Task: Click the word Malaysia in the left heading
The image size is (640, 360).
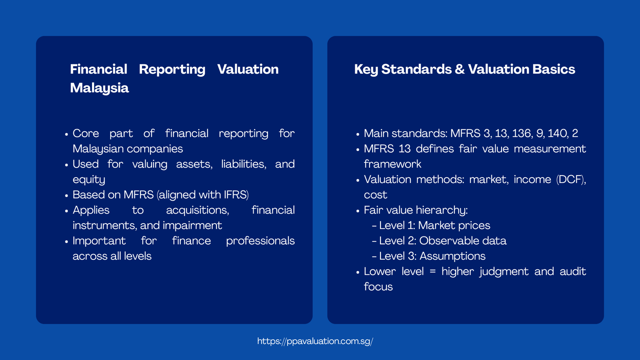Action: tap(99, 88)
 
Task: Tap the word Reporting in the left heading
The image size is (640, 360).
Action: tap(172, 70)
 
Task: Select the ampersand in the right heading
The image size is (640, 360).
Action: tap(460, 70)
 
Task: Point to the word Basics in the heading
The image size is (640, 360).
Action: tap(554, 70)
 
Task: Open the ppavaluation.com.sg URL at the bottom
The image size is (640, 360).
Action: tap(315, 341)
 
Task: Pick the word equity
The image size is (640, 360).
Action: tap(89, 180)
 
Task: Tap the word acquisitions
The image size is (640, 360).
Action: tap(197, 210)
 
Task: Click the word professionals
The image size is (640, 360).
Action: tap(260, 241)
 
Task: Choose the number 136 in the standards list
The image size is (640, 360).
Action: tap(522, 133)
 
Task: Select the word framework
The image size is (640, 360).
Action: tap(392, 164)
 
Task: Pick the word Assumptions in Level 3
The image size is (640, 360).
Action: tap(452, 256)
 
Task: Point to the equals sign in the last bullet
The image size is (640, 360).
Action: tap(432, 272)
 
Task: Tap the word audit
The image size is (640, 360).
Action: tap(573, 272)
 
